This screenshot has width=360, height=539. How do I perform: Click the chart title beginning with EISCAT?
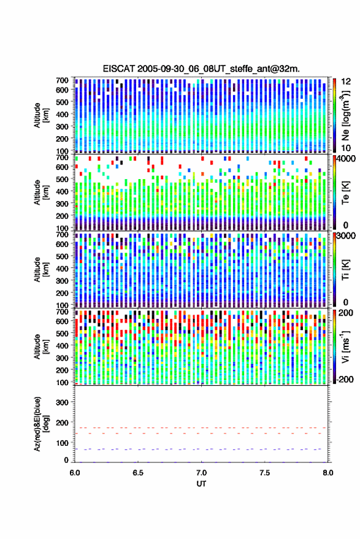(x=201, y=69)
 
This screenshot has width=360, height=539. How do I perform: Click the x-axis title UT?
(x=201, y=484)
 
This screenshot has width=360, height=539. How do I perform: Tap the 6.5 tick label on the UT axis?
(x=138, y=473)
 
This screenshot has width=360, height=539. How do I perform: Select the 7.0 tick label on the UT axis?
(x=201, y=473)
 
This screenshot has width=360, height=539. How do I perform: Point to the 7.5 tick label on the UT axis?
(x=264, y=473)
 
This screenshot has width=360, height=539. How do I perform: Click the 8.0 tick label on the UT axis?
(x=327, y=473)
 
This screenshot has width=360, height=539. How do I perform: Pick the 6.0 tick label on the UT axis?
(x=75, y=473)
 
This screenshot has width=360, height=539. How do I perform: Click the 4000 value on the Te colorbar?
(x=346, y=159)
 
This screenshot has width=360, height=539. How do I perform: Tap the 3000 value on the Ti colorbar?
(x=346, y=236)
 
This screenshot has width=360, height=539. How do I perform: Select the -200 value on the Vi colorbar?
(x=345, y=380)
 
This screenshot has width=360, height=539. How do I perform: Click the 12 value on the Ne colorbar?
(x=347, y=82)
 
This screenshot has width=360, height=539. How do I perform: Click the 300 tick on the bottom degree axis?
(x=62, y=402)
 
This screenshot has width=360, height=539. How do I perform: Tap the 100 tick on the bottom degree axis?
(x=62, y=443)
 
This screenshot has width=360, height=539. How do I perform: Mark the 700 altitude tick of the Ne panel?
(x=62, y=80)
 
